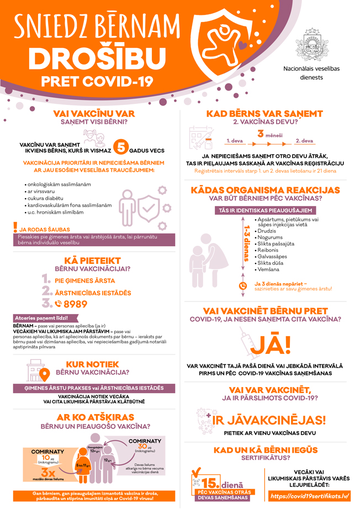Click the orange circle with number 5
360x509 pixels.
(x=121, y=147)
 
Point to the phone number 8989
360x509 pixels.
(x=76, y=303)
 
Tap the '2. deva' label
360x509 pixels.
(x=304, y=141)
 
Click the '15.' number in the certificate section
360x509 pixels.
(x=211, y=483)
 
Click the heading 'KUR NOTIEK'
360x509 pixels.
(x=92, y=364)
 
